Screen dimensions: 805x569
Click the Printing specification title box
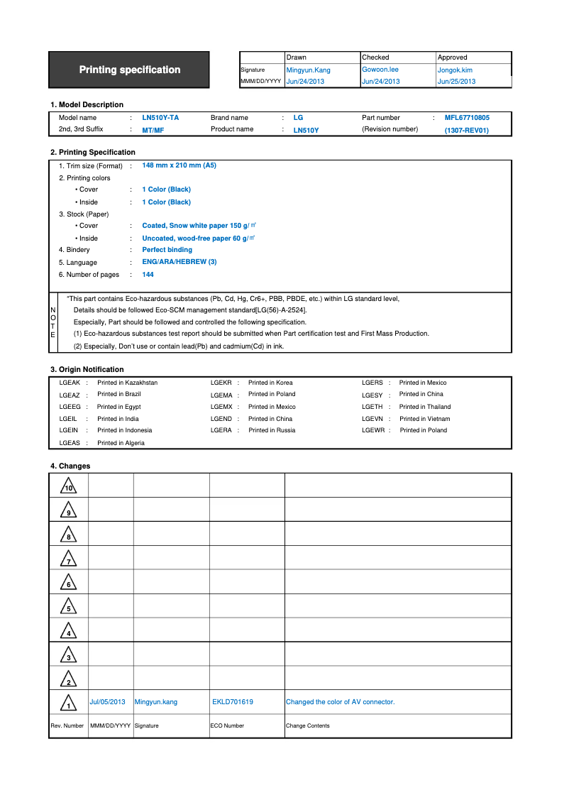129,70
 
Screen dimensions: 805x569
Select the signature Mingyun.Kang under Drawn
308,70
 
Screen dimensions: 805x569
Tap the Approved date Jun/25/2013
456,82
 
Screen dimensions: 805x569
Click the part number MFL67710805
467,118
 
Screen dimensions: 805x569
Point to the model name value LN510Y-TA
160,118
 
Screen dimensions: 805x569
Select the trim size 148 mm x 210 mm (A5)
179,165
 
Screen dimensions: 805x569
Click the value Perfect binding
167,250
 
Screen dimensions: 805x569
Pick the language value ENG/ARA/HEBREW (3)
179,262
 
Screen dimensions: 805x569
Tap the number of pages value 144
148,275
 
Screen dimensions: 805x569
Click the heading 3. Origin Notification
87,369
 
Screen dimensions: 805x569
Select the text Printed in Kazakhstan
128,383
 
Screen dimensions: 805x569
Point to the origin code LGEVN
372,419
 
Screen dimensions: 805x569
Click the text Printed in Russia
272,430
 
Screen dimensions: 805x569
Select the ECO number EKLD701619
233,702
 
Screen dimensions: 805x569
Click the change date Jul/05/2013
107,702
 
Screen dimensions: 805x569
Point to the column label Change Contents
307,725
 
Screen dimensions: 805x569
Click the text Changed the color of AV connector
340,702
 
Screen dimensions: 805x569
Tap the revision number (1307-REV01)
466,130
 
